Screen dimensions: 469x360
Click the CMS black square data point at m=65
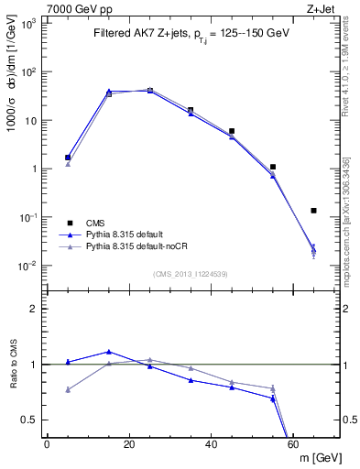tap(314, 211)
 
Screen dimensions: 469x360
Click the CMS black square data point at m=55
tap(273, 167)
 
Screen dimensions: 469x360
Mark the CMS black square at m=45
tap(232, 131)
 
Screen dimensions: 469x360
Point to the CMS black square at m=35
tap(191, 110)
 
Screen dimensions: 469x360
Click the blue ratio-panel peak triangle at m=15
tap(109, 352)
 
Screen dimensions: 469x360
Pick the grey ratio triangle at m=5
tap(68, 389)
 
